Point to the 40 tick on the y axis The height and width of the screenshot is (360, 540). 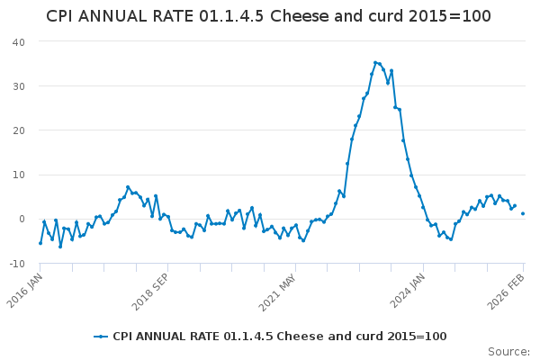[18, 42]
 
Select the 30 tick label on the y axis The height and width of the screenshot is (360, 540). [18, 86]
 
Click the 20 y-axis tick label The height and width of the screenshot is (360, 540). [18, 130]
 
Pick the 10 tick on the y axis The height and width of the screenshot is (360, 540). [18, 175]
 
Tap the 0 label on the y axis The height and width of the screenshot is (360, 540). [22, 219]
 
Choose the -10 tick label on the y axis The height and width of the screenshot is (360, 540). [16, 263]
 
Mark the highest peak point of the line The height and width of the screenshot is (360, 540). [375, 63]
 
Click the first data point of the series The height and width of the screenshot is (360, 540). [40, 243]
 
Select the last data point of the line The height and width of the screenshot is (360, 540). [523, 213]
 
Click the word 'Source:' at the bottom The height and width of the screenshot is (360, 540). [508, 352]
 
